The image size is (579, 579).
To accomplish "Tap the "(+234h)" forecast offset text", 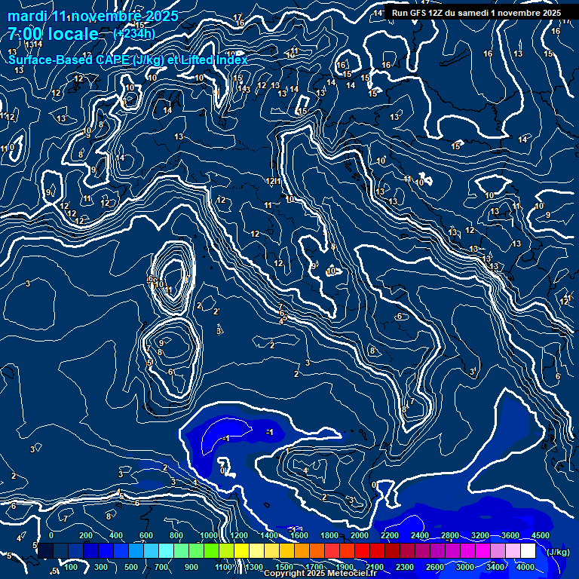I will [x=133, y=33].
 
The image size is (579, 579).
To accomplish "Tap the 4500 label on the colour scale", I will [x=539, y=535].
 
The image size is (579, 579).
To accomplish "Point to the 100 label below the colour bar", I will [x=71, y=567].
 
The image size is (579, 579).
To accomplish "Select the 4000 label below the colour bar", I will [x=525, y=567].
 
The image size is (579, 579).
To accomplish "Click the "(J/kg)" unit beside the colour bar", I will [x=557, y=552].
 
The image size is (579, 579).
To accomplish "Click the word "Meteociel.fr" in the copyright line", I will [x=352, y=574].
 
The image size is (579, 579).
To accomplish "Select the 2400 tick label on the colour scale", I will [x=420, y=535].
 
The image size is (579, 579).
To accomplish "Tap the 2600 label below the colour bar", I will [x=435, y=567].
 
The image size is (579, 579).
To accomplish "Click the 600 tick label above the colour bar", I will [x=146, y=535].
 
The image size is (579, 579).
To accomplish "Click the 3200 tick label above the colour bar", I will [x=480, y=535].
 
